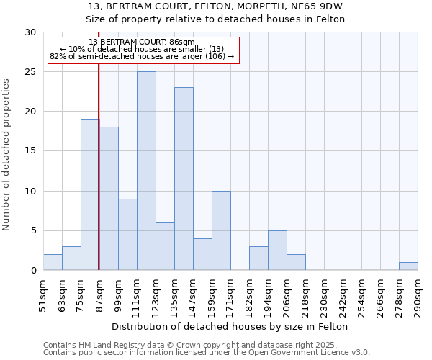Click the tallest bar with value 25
146,171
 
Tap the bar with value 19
90,194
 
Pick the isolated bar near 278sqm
408,266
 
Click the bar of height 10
221,230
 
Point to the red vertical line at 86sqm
98,180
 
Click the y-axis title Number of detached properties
7,154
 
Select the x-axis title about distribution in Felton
230,326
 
